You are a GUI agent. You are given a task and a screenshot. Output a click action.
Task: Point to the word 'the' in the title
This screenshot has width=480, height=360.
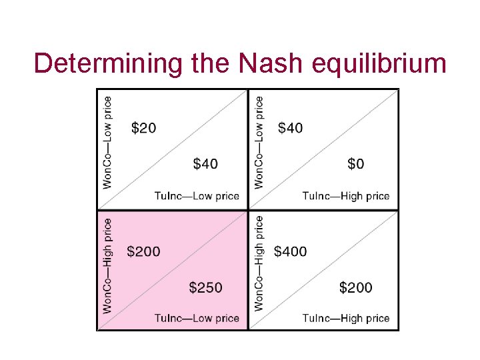click(209, 64)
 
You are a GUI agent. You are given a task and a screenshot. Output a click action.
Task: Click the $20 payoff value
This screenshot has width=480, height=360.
click(143, 127)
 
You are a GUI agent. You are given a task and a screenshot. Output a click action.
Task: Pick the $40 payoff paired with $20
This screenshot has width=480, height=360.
click(205, 163)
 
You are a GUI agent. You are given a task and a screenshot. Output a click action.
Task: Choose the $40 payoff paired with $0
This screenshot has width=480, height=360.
click(290, 127)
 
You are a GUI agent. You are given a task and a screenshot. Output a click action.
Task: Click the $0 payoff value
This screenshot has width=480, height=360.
click(356, 163)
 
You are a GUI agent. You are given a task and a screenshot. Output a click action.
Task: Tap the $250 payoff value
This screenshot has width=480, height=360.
click(205, 287)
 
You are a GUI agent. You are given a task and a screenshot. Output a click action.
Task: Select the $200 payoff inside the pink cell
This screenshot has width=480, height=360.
click(143, 251)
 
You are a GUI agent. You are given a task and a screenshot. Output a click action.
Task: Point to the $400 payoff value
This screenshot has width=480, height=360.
click(290, 251)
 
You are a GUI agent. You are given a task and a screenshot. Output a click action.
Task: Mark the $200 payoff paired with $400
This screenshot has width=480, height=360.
click(356, 287)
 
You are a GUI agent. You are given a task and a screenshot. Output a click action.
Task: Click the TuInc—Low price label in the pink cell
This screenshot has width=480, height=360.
click(197, 318)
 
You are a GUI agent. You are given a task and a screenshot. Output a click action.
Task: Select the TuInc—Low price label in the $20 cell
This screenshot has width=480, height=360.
click(197, 196)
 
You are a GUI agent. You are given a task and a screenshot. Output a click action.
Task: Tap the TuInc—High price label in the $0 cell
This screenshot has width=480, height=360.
click(345, 196)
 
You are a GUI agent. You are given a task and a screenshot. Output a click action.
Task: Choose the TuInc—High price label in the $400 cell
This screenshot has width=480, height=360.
click(345, 318)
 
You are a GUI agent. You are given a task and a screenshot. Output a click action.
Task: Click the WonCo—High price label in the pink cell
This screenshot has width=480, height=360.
click(107, 265)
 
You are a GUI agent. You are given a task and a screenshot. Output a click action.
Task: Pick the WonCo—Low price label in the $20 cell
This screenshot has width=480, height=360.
click(107, 142)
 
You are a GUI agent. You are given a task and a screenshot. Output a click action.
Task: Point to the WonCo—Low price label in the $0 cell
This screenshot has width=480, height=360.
click(259, 142)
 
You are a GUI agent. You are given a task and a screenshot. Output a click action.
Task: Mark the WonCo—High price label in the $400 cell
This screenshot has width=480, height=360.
click(259, 263)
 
